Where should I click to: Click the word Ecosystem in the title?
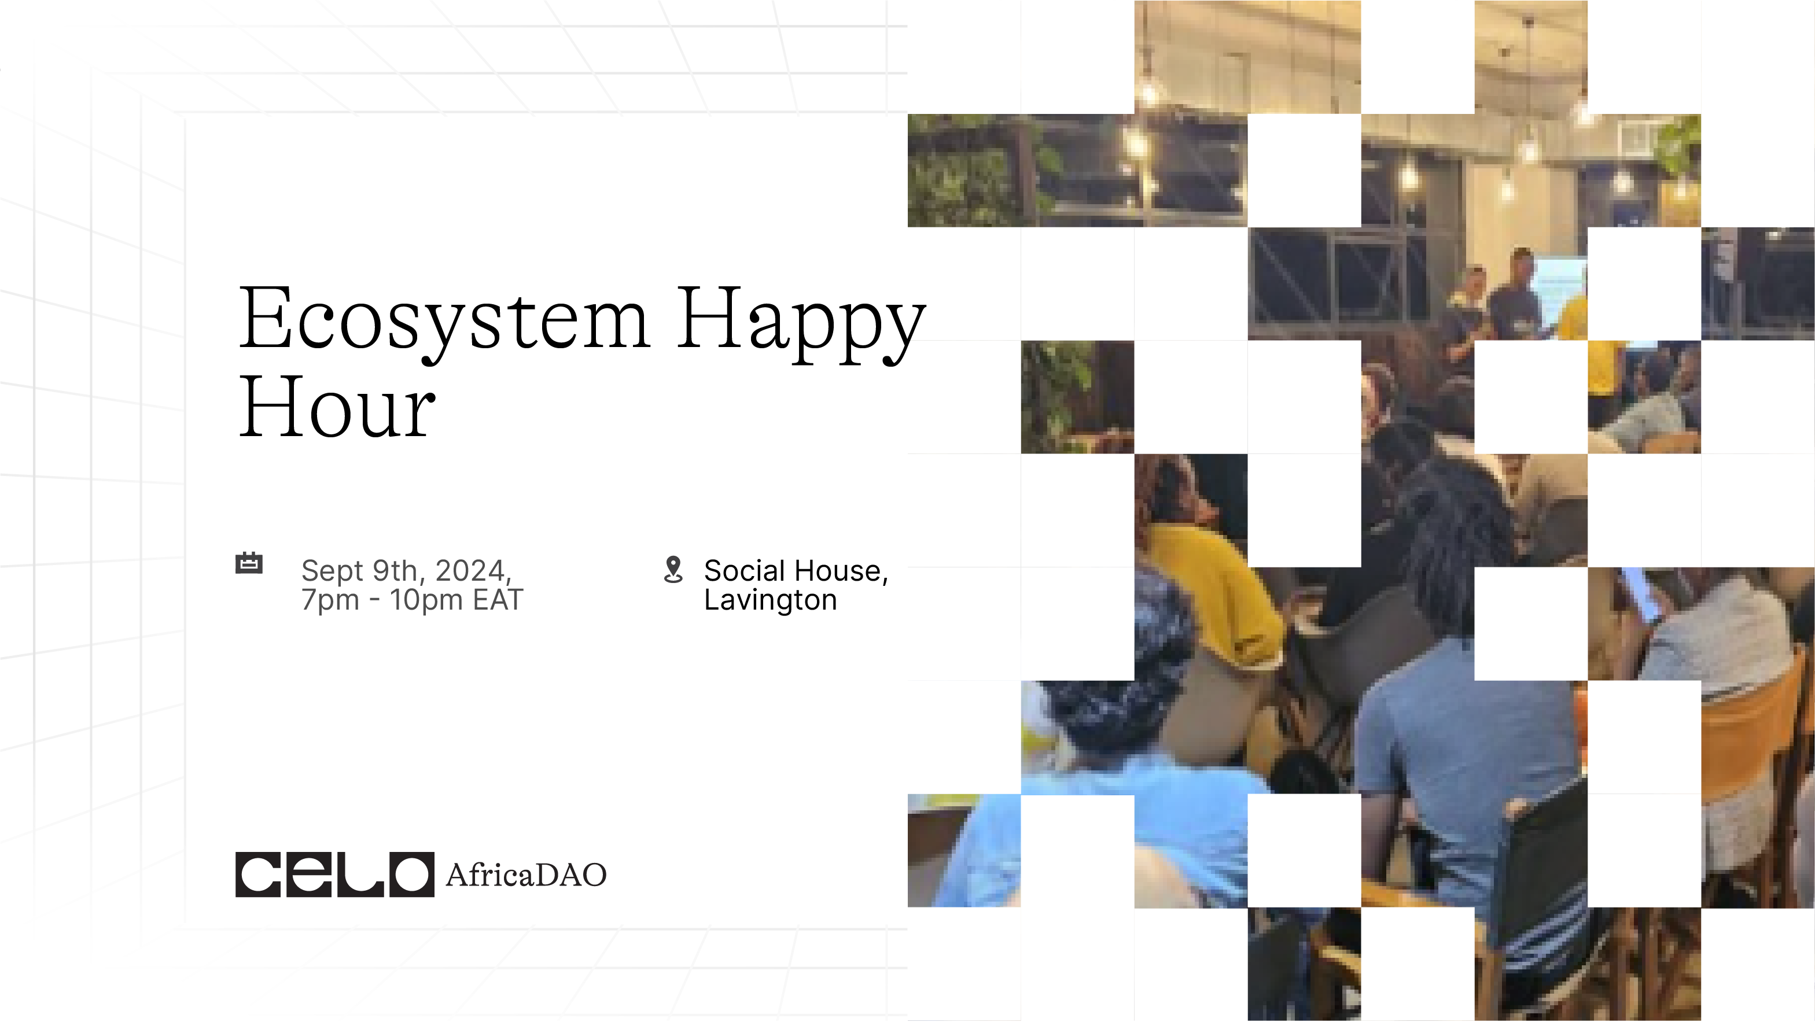444,321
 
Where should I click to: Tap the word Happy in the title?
801,324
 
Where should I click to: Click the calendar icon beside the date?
249,563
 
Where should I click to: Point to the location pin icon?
673,570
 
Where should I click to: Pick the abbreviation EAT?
498,600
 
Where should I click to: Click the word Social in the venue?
745,570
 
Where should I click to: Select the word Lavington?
771,601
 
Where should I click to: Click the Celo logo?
334,874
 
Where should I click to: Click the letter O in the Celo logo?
411,874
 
